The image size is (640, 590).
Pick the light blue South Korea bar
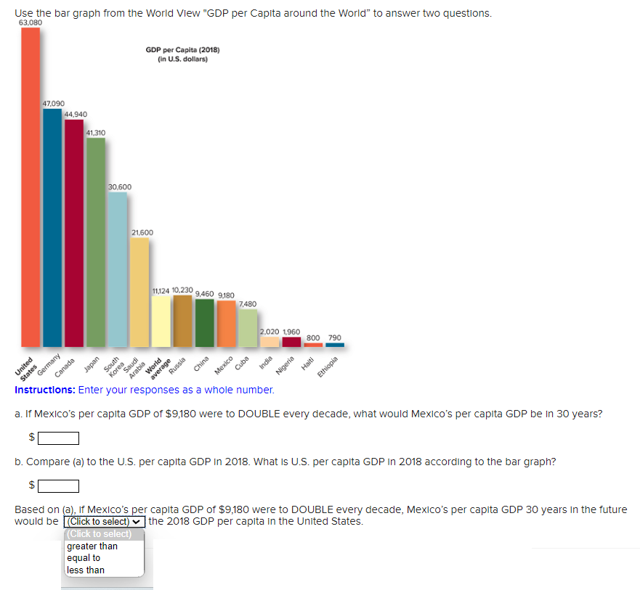tap(118, 269)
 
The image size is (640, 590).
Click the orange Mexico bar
tap(227, 324)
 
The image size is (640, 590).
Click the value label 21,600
tap(142, 232)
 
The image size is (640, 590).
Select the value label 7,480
tap(248, 303)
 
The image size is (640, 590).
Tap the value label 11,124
tap(161, 291)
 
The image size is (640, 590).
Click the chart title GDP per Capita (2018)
tap(182, 50)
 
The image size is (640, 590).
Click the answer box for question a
tap(59, 438)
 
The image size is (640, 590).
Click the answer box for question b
tap(59, 485)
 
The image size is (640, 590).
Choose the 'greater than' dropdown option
tap(92, 546)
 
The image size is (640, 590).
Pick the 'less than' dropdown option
tap(86, 570)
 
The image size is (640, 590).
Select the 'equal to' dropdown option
tap(84, 558)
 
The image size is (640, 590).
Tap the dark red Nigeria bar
tap(291, 342)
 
